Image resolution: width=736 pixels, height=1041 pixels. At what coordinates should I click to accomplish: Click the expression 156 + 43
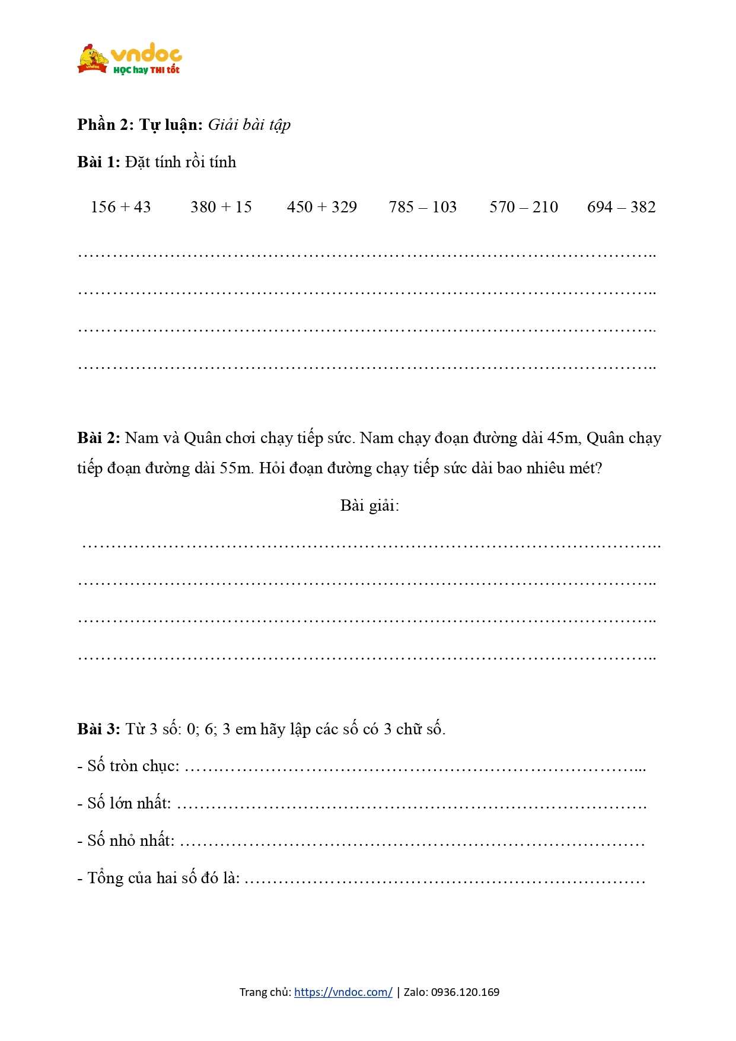pos(120,207)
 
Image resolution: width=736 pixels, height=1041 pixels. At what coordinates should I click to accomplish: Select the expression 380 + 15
pos(221,207)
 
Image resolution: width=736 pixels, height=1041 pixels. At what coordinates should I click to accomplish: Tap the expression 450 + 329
pos(321,207)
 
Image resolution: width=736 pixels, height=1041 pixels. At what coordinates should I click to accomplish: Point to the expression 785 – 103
pos(422,207)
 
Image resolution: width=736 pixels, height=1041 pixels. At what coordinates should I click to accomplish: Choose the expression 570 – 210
pos(523,207)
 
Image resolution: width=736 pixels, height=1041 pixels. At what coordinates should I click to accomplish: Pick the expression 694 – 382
pos(621,207)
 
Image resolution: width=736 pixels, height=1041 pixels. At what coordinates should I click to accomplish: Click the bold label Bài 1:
pos(98,162)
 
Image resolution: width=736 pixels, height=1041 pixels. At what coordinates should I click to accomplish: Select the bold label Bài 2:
pos(98,438)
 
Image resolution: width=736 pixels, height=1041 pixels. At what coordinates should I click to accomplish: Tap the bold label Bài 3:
pos(98,729)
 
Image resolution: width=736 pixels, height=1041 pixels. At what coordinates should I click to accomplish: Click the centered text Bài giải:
pos(369,505)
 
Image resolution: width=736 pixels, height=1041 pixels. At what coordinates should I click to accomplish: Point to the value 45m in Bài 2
pos(563,438)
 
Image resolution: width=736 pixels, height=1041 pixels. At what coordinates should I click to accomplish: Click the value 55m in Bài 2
pos(236,468)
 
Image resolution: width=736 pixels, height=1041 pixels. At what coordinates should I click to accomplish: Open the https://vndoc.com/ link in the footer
pos(343,992)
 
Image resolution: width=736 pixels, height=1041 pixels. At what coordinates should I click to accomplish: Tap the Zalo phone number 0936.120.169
pos(465,992)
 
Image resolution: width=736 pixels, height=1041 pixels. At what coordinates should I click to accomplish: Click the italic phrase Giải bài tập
pos(249,125)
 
